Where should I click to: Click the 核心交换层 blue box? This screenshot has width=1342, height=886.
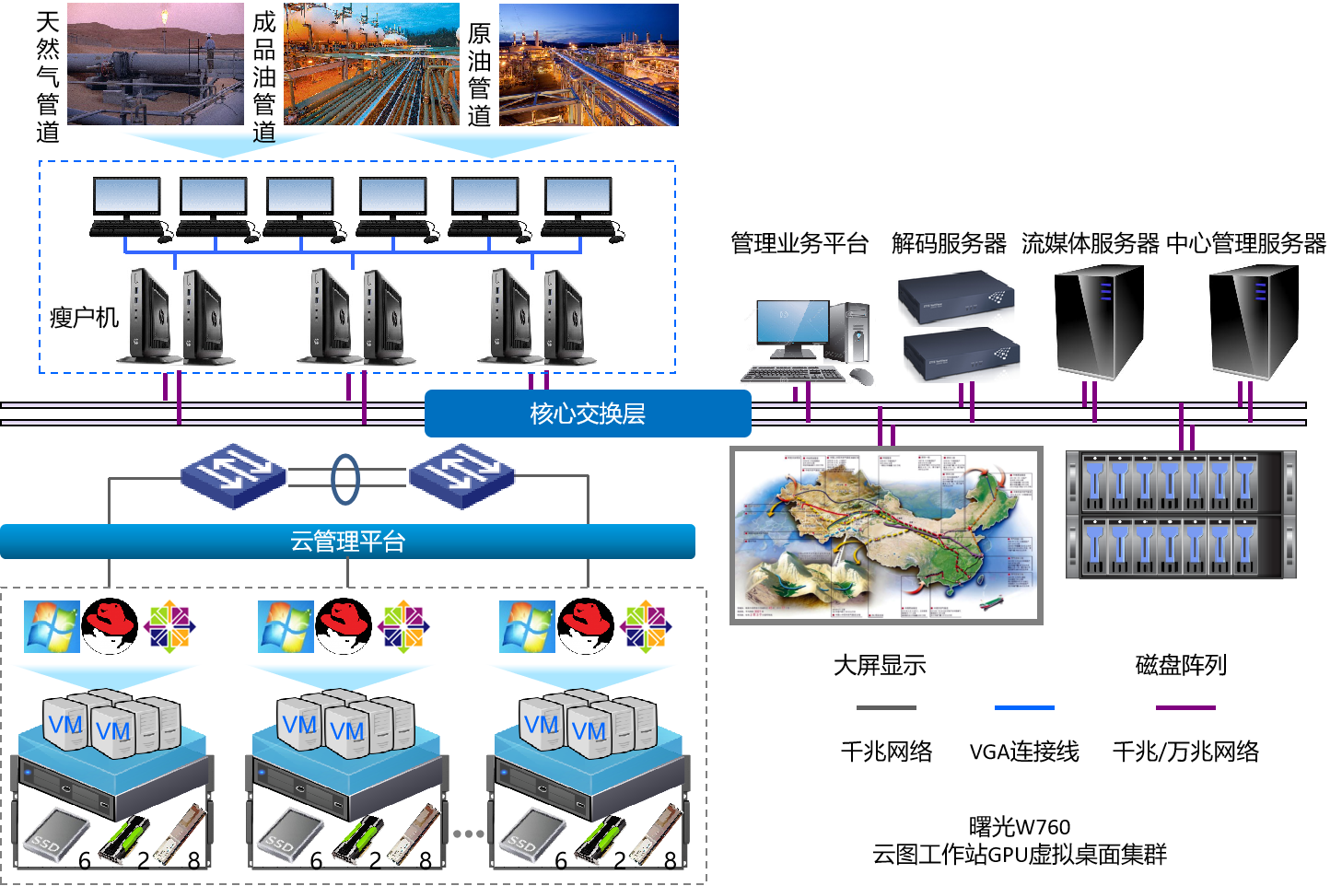tap(588, 414)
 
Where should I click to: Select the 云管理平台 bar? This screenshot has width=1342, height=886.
tap(347, 542)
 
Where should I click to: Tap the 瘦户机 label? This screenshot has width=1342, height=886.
tap(84, 318)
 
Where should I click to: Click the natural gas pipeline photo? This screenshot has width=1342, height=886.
tap(155, 64)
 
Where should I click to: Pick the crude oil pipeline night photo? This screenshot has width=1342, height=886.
tap(589, 64)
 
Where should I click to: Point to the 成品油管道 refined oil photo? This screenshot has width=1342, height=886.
tap(371, 64)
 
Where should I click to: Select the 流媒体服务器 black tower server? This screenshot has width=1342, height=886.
tap(1098, 322)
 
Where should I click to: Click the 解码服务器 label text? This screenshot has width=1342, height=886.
tap(949, 244)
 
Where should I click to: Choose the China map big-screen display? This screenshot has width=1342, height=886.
tap(886, 535)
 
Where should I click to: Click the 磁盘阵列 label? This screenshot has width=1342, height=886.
tap(1181, 665)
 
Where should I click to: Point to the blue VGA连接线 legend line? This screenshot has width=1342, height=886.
tap(1024, 707)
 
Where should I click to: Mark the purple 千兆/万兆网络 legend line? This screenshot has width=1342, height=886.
tap(1185, 707)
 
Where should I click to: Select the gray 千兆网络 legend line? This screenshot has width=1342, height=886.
tap(886, 707)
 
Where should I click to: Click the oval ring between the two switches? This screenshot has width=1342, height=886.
tap(345, 478)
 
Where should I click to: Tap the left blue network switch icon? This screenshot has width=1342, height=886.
tap(233, 475)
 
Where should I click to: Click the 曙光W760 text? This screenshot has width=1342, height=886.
tap(1020, 827)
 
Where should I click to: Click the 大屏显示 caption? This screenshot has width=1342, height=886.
tap(880, 665)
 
